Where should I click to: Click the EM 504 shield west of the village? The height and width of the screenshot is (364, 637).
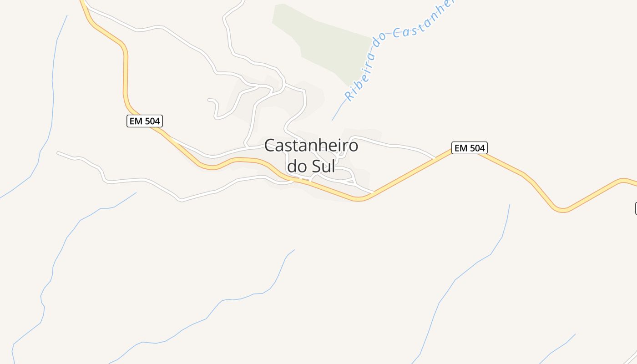tap(144, 121)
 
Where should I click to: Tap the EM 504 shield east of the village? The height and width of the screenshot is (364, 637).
tap(469, 148)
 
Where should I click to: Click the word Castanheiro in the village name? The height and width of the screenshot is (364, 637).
tap(311, 146)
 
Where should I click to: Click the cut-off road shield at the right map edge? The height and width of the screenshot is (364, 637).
tap(636, 208)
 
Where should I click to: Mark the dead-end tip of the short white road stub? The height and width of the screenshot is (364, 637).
tap(208, 99)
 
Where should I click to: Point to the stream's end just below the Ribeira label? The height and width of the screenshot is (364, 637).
tap(332, 120)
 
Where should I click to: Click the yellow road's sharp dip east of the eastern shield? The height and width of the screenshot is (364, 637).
tap(562, 210)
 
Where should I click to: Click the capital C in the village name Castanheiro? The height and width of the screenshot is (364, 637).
tap(269, 146)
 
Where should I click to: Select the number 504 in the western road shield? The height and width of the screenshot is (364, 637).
tap(152, 121)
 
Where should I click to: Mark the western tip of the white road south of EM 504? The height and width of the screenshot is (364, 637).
tap(58, 153)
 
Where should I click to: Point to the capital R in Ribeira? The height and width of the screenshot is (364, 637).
tap(349, 96)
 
